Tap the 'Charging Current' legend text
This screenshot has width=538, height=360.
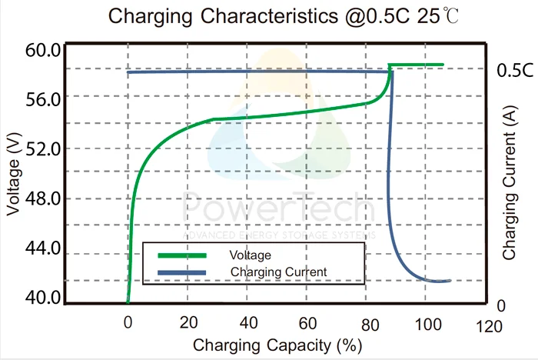[x=278, y=272]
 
